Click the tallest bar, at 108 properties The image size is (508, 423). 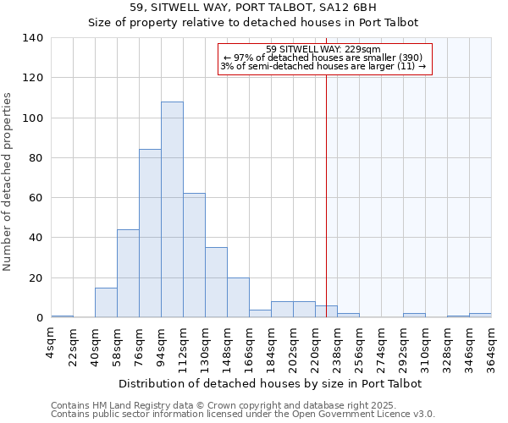172,210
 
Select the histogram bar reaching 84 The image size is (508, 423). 150,233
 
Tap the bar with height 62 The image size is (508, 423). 194,255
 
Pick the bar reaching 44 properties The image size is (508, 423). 128,273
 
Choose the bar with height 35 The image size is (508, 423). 216,283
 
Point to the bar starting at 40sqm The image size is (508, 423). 106,303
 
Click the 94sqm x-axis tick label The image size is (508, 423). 161,346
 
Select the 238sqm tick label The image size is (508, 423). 337,349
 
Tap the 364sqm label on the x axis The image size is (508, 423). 491,349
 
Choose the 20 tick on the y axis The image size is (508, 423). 36,278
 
